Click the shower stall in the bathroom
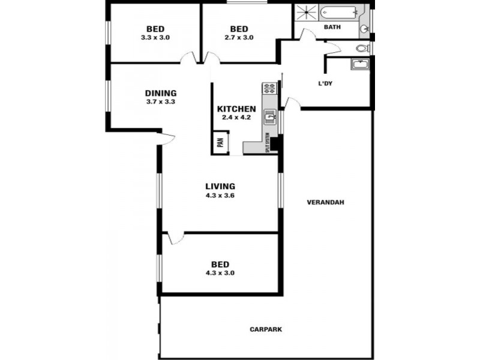pyautogui.click(x=306, y=14)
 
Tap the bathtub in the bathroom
pyautogui.click(x=338, y=11)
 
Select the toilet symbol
pyautogui.click(x=362, y=49)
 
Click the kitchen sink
pyautogui.click(x=270, y=116)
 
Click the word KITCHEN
pyautogui.click(x=236, y=109)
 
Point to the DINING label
pyautogui.click(x=161, y=93)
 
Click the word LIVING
pyautogui.click(x=220, y=186)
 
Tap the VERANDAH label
pyautogui.click(x=325, y=202)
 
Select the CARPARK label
pyautogui.click(x=265, y=329)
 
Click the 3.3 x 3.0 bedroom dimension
pyautogui.click(x=155, y=37)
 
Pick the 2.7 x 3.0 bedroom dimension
pyautogui.click(x=239, y=37)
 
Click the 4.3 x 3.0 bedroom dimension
pyautogui.click(x=220, y=272)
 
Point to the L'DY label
pyautogui.click(x=325, y=83)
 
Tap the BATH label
pyautogui.click(x=332, y=27)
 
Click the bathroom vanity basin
pyautogui.click(x=364, y=28)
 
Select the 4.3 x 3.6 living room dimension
pyautogui.click(x=220, y=195)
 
